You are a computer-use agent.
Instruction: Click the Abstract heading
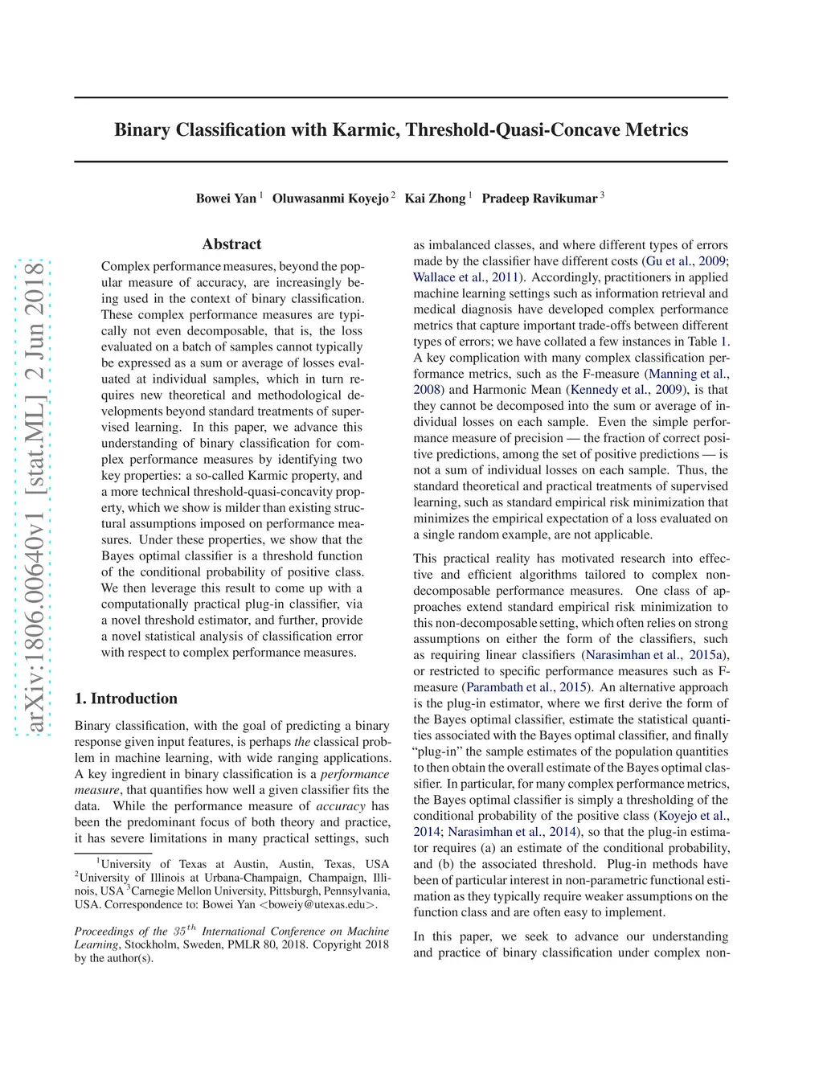tap(231, 244)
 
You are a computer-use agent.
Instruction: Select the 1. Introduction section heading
tap(126, 698)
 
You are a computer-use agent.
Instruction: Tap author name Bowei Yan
tap(226, 199)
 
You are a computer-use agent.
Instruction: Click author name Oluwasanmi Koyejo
tap(330, 199)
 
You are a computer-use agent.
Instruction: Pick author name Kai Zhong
tap(435, 199)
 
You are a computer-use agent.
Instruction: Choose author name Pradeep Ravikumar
tap(539, 199)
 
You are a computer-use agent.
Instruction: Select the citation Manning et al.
tap(688, 374)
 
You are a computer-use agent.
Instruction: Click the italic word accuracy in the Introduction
tap(340, 806)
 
